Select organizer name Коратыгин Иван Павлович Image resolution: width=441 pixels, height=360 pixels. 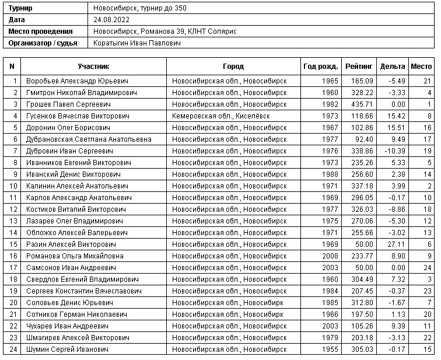[x=137, y=43]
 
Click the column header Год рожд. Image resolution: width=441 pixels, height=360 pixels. [x=320, y=67]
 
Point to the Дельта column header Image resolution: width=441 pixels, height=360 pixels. [x=392, y=67]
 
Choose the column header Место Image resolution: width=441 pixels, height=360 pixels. [x=421, y=67]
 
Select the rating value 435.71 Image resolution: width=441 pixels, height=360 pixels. [x=362, y=104]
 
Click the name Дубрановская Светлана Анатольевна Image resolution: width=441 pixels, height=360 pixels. [x=89, y=139]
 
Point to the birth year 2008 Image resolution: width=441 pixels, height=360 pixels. [x=329, y=256]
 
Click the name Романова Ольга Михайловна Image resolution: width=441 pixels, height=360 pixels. [x=75, y=256]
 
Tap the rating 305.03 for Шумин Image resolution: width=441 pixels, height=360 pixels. [x=362, y=349]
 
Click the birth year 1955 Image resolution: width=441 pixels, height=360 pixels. [x=329, y=349]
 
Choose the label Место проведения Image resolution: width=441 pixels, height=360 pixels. [x=40, y=32]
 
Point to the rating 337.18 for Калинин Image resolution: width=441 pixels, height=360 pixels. [x=362, y=186]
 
